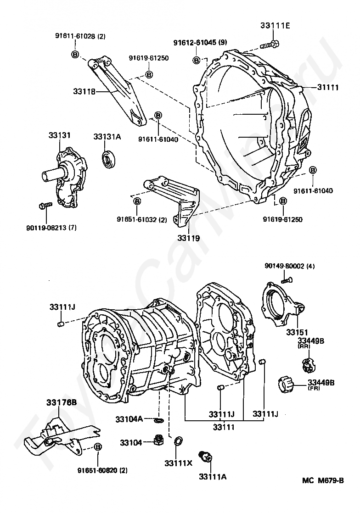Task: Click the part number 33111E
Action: coord(275,26)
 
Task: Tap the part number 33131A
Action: coord(107,136)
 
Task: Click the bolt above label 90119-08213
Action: coord(45,206)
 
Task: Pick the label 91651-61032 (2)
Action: coord(141,219)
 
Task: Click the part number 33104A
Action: coord(129,418)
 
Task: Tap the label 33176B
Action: coord(61,403)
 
